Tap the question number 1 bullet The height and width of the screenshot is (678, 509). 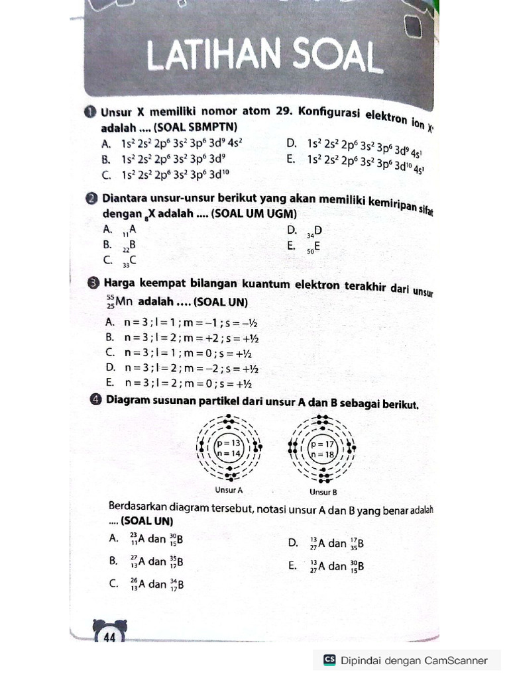tap(91, 113)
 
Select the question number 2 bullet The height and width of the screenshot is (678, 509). tap(91, 199)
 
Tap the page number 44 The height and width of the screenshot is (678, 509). tap(109, 638)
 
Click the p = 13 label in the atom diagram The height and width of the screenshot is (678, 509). tap(229, 443)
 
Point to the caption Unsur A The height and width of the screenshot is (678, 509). tap(229, 491)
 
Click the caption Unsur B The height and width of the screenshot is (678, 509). tap(323, 492)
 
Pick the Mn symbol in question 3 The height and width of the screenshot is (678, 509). tap(125, 303)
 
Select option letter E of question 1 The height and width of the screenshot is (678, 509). tap(290, 159)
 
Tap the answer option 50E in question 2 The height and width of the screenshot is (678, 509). tap(313, 246)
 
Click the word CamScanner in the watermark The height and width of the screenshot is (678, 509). tap(457, 660)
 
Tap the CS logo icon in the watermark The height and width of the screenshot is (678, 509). tap(329, 660)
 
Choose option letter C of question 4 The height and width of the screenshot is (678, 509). tap(113, 583)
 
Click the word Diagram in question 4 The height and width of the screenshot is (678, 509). tap(128, 401)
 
